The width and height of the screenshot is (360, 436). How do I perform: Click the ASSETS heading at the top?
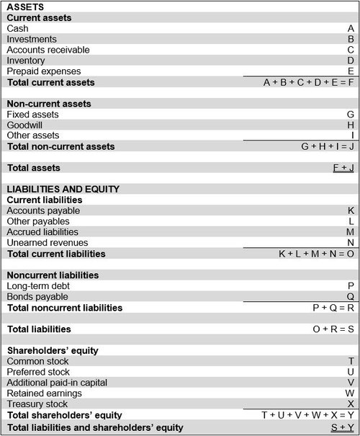point(26,7)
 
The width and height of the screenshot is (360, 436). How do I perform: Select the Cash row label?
point(18,28)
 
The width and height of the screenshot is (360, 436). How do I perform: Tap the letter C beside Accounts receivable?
point(351,50)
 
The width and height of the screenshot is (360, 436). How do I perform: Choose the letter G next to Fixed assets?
point(351,114)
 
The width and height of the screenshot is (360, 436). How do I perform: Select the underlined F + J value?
point(342,168)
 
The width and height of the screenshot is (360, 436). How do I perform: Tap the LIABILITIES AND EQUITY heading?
point(63,189)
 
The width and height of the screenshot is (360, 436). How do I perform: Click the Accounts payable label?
point(42,210)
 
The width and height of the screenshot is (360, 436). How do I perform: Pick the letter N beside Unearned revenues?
point(351,243)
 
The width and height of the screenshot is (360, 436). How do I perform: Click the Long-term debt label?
point(38,286)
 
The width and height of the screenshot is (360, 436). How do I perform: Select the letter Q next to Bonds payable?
point(351,297)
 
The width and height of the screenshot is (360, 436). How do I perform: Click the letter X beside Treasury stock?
point(351,404)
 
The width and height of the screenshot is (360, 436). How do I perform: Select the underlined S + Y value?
point(342,427)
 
